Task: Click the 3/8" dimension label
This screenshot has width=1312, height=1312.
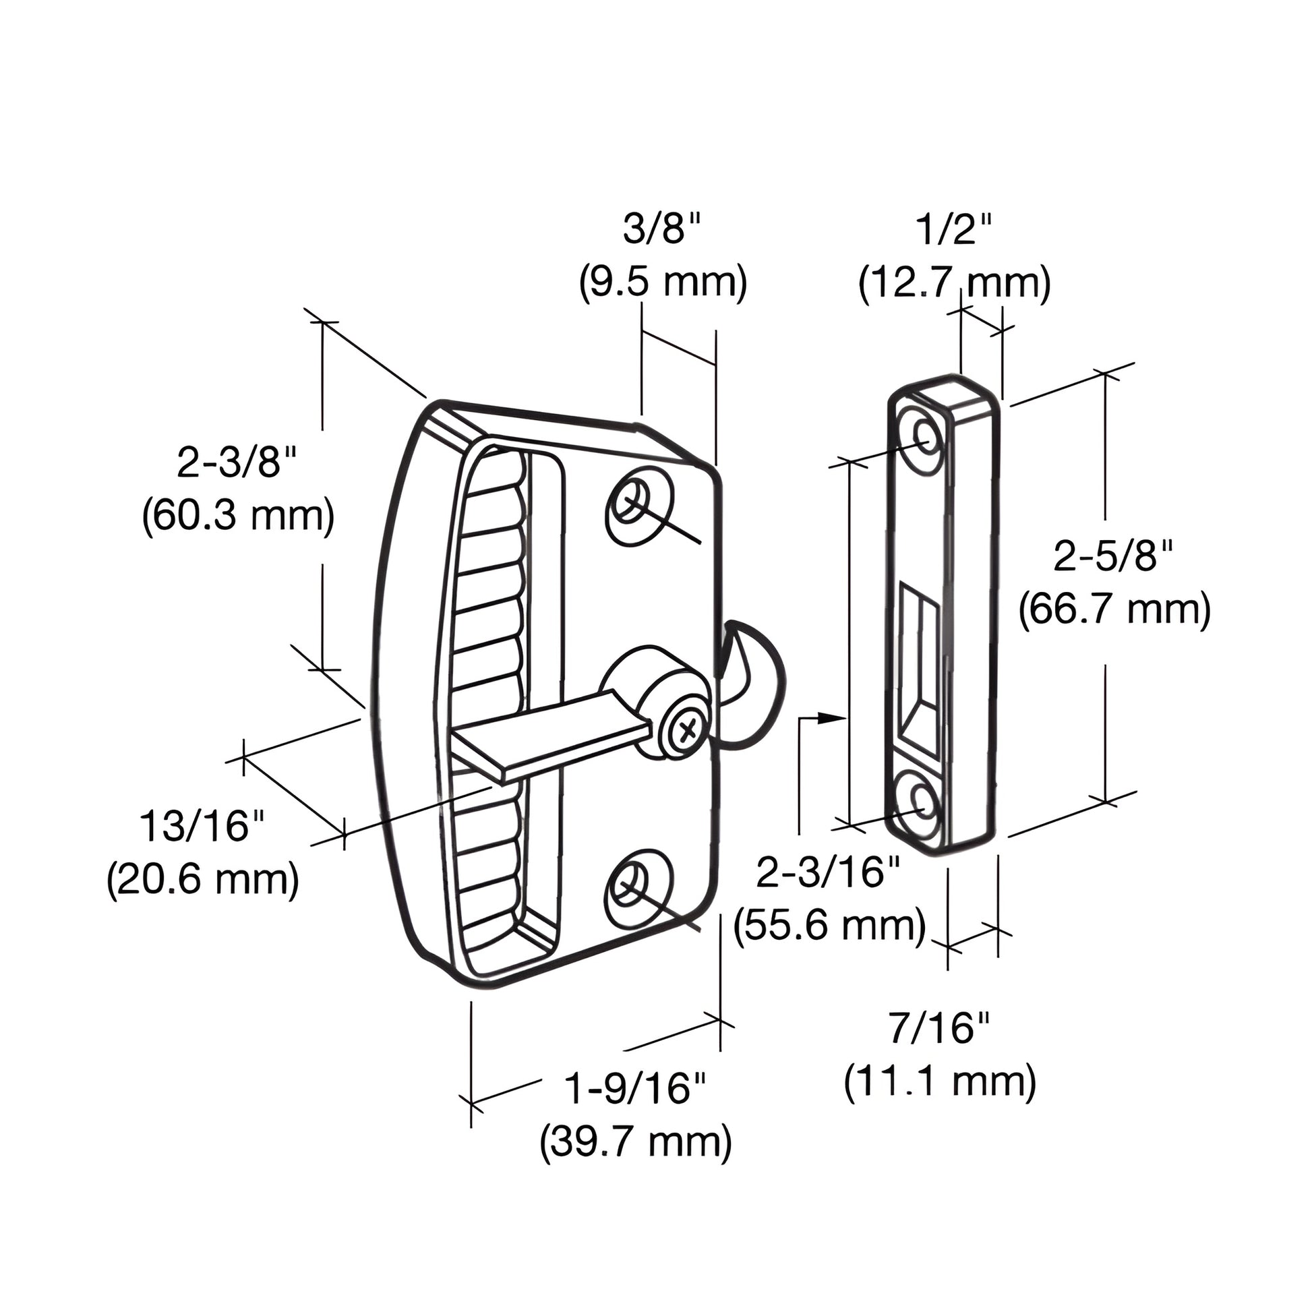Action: pyautogui.click(x=662, y=231)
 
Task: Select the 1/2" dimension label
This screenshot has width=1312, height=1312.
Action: pyautogui.click(x=954, y=231)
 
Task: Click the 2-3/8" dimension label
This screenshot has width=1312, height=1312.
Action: pyautogui.click(x=238, y=464)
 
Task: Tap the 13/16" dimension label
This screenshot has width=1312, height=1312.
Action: pyautogui.click(x=202, y=827)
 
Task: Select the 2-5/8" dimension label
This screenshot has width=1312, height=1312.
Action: pyautogui.click(x=1114, y=558)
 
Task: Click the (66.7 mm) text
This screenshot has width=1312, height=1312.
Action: pyautogui.click(x=1114, y=609)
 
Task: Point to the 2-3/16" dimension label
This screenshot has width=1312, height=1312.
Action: pyautogui.click(x=829, y=872)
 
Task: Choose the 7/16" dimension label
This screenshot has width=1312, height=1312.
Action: pyautogui.click(x=940, y=1027)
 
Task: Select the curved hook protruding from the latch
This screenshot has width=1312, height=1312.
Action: pyautogui.click(x=754, y=686)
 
